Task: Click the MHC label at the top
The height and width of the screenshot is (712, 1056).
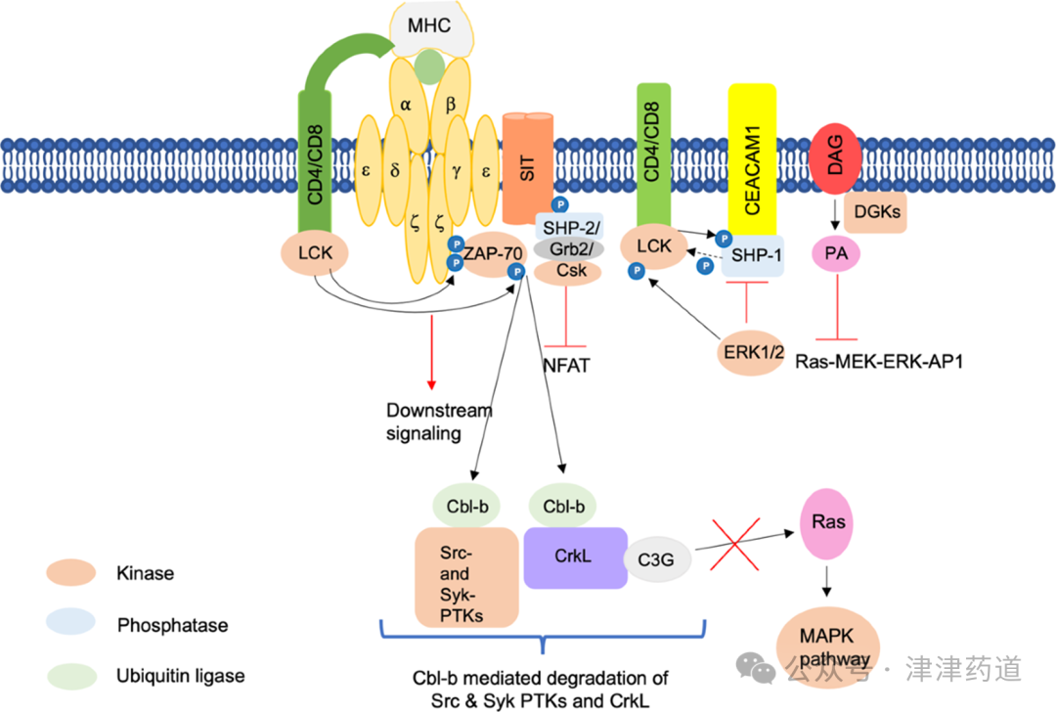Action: (x=431, y=25)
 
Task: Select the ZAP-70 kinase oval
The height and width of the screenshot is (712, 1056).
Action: (x=493, y=254)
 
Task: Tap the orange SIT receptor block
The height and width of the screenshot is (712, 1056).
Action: (x=527, y=167)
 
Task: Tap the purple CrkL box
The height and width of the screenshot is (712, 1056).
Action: (x=575, y=557)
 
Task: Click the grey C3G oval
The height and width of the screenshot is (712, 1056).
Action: (x=657, y=559)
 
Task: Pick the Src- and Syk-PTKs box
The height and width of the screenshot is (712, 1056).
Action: (x=466, y=576)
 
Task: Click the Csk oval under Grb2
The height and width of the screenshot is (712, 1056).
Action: (x=570, y=271)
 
